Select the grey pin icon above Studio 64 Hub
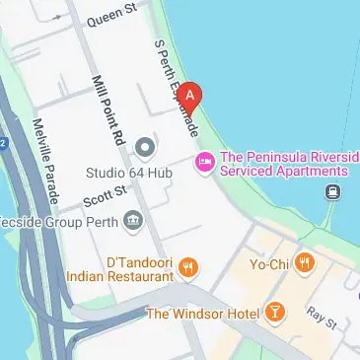click(146, 149)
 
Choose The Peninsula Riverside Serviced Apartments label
click(289, 164)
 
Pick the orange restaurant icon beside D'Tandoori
click(189, 266)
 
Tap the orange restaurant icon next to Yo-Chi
click(305, 262)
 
